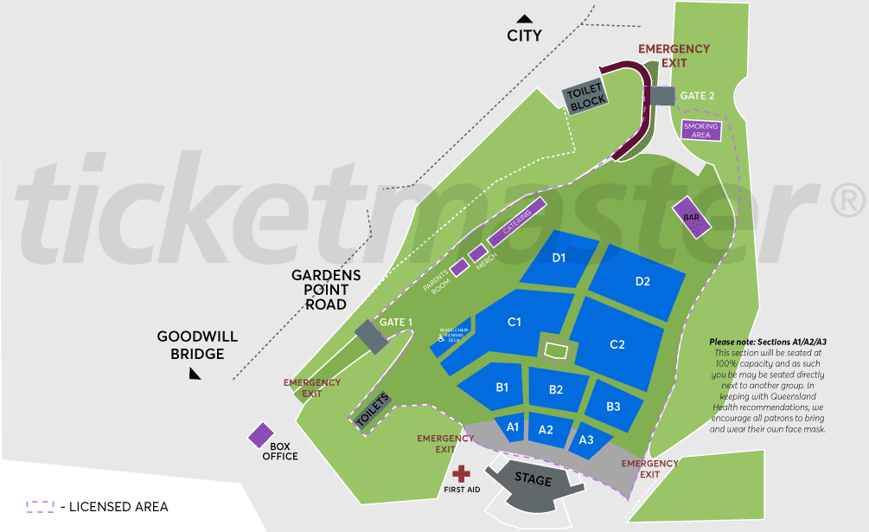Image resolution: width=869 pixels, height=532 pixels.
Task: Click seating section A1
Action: coord(512,427)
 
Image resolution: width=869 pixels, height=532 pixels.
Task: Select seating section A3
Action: coord(586,439)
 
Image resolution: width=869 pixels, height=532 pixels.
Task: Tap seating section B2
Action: coord(556,390)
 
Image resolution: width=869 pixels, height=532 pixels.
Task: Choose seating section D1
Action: coord(559,258)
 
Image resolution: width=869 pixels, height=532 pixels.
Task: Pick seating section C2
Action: coord(617,344)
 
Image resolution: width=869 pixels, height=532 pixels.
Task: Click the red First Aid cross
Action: coord(462,473)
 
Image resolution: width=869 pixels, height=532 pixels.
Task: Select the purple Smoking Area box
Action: coord(700,131)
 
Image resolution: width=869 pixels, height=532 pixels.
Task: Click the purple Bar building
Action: coord(692,217)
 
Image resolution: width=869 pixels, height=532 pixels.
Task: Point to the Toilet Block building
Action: coord(587,98)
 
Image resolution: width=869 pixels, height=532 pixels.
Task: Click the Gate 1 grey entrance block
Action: coord(372,337)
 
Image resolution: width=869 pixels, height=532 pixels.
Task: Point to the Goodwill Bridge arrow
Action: coord(195,373)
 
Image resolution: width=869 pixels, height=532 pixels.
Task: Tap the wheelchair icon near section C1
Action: coord(440,339)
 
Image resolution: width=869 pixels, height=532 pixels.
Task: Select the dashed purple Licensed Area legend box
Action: coord(41,507)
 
